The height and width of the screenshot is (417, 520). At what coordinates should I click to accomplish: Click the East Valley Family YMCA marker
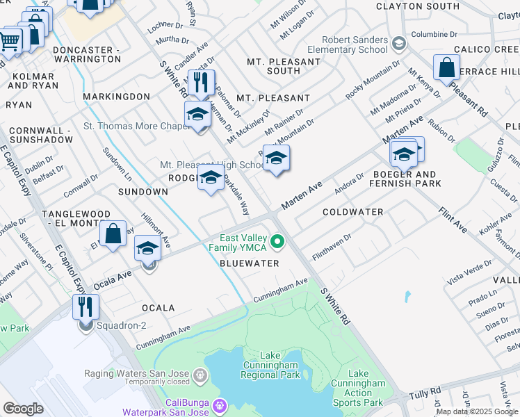278,242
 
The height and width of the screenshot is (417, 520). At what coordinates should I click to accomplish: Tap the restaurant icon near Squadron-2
86,306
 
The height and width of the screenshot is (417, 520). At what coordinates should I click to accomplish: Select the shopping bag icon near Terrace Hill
446,68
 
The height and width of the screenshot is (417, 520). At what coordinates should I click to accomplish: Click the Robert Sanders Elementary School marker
398,45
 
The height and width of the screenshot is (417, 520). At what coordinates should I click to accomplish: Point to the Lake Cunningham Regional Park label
270,365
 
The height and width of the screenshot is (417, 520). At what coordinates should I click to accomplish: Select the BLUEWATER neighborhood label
249,263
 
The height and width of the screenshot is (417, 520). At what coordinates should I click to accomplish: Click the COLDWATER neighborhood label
353,211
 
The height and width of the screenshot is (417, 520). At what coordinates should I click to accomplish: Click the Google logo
23,409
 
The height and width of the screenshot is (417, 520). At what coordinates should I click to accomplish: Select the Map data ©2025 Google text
476,411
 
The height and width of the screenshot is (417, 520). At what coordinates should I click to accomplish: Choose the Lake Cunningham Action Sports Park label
358,388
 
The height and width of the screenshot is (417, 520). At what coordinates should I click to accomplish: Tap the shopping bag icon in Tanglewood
113,234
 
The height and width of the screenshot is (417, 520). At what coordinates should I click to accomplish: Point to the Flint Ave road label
453,218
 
